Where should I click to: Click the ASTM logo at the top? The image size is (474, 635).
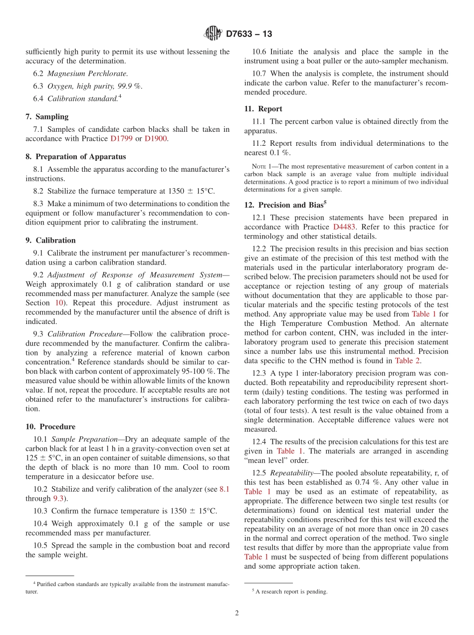(x=213, y=34)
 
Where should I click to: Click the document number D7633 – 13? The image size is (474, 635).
(x=249, y=34)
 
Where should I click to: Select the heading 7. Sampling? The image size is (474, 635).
(x=47, y=117)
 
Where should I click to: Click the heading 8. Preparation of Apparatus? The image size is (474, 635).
(x=75, y=157)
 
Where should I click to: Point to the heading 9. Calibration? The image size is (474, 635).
(x=50, y=241)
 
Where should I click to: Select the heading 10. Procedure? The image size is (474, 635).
(x=50, y=427)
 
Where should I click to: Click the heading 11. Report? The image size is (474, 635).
(x=263, y=109)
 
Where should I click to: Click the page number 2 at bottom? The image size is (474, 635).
(x=237, y=614)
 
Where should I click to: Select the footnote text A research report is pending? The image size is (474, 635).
(x=291, y=592)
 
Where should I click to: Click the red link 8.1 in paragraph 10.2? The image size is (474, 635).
(x=225, y=489)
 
